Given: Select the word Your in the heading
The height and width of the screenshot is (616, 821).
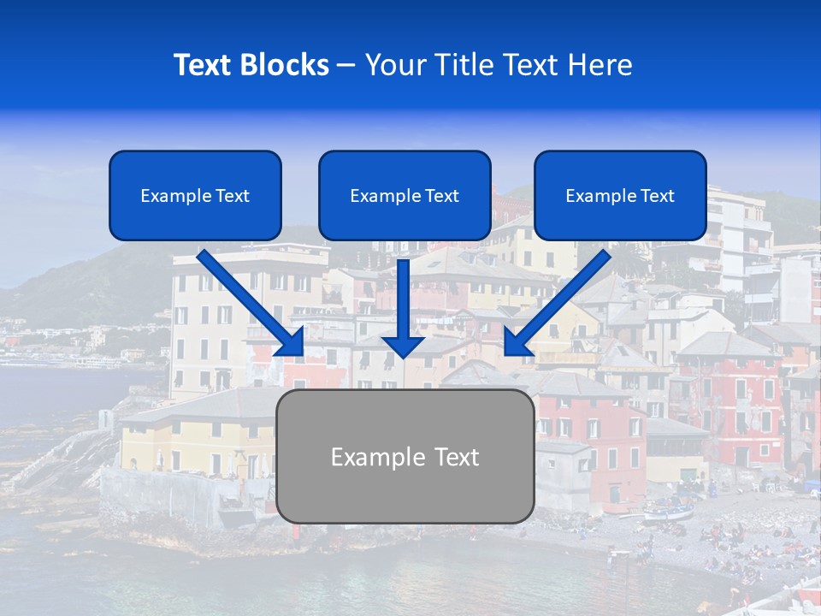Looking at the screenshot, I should click(x=392, y=65).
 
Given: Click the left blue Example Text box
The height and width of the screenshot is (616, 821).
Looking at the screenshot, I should click(x=195, y=196).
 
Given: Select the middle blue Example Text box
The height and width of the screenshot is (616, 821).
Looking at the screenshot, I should click(x=405, y=196).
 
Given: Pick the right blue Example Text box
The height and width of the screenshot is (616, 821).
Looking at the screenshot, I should click(x=620, y=196).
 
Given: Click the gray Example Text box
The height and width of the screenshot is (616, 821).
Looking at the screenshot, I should click(x=405, y=456).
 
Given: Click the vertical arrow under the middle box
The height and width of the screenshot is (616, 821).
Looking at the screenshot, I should click(x=404, y=304).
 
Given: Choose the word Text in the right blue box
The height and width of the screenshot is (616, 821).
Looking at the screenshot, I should click(x=657, y=196).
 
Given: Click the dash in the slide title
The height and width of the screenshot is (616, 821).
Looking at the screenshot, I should click(x=346, y=66).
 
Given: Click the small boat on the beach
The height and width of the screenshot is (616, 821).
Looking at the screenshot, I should click(x=668, y=512).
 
